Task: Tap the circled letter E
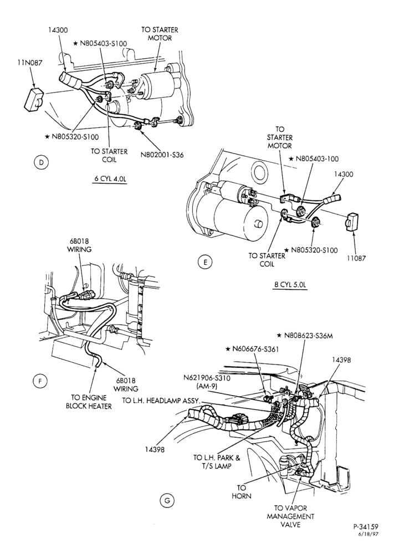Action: tap(205, 262)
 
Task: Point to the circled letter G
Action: tap(167, 501)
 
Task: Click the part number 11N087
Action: tap(30, 63)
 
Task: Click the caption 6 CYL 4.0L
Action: tap(110, 178)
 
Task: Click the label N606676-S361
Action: tap(253, 349)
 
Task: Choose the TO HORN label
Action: tap(242, 492)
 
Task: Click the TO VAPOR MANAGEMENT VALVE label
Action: tap(290, 516)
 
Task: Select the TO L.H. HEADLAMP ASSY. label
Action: tap(161, 401)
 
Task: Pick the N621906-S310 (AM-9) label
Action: tap(207, 382)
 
